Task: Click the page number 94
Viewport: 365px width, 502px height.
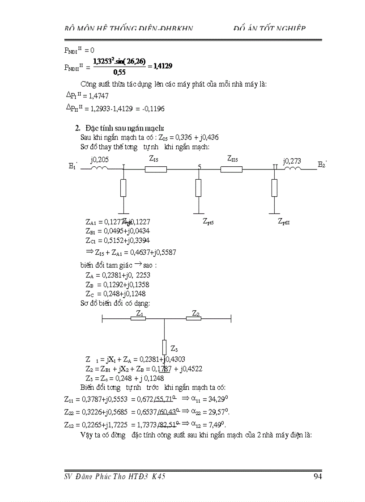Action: point(318,477)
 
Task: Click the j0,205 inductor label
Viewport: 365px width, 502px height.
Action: point(99,160)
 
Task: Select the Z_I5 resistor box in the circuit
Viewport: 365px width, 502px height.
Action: point(156,169)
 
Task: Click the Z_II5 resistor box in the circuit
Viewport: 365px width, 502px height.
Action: point(231,169)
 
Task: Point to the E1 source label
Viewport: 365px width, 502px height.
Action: point(73,166)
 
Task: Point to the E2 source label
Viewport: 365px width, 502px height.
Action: point(323,164)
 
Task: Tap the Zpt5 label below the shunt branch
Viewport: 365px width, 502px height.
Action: point(208,221)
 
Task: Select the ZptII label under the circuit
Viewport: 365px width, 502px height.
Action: point(284,221)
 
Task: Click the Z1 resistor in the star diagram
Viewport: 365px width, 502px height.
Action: point(138,318)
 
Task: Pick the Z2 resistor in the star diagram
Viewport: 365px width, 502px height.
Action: point(194,318)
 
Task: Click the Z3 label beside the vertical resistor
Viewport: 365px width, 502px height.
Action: point(174,349)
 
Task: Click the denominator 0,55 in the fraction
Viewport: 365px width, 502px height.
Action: point(119,72)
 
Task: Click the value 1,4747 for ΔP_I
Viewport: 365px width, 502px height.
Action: point(98,96)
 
